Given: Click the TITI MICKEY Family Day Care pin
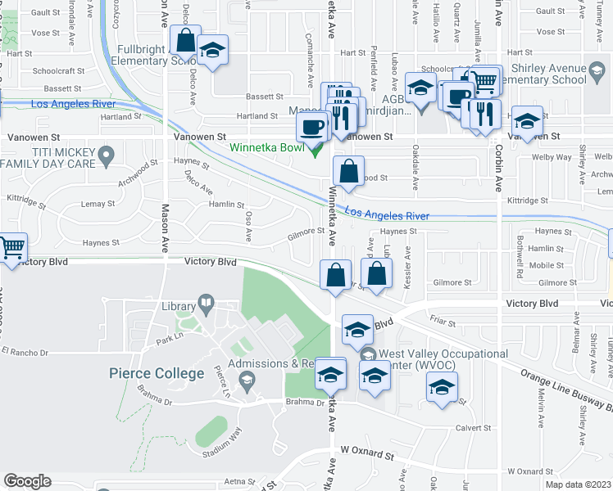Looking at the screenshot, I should (105, 154).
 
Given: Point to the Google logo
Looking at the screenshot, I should (27, 481).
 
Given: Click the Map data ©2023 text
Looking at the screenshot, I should (578, 484).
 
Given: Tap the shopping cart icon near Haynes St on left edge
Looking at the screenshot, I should (11, 247).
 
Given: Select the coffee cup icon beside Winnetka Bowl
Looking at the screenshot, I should (311, 127).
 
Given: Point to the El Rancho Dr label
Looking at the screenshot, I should (25, 352).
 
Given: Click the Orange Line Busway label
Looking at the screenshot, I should (565, 385).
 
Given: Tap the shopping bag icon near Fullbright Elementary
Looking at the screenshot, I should (186, 39).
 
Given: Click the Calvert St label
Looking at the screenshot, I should (475, 427).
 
